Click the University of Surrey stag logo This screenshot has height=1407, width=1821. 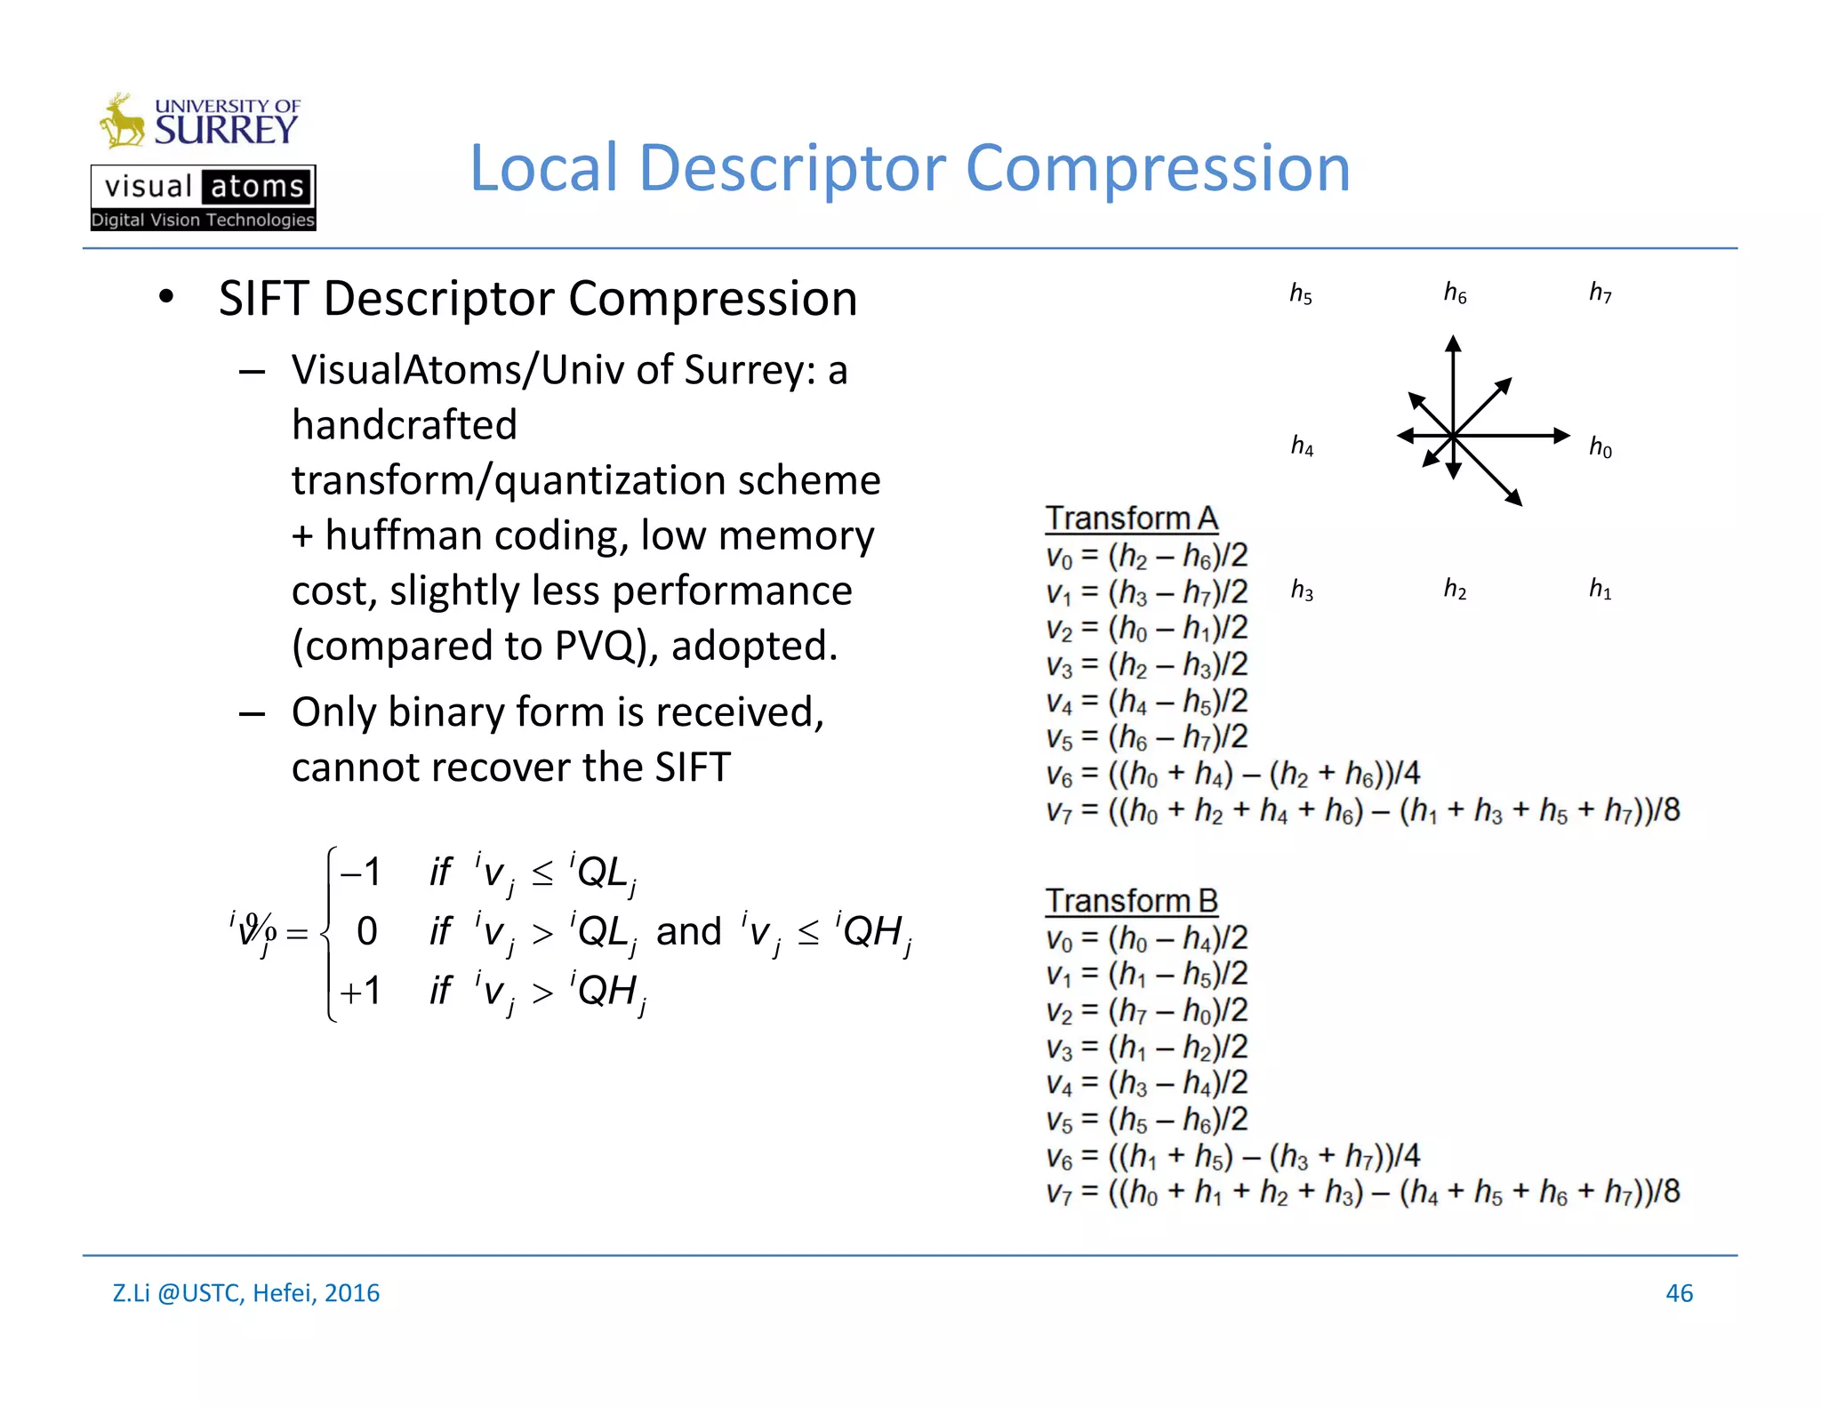point(122,121)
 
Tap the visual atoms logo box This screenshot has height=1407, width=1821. point(203,197)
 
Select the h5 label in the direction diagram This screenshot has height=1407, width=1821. point(1301,293)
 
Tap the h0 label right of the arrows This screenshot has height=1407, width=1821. point(1600,446)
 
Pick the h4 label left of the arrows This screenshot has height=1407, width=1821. point(1302,445)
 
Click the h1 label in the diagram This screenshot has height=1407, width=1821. point(1600,589)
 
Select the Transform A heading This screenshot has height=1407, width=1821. point(1131,518)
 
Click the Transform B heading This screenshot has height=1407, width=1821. point(1131,900)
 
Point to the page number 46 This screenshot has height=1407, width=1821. point(1679,1293)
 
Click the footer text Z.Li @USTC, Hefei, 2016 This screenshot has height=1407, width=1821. point(246,1293)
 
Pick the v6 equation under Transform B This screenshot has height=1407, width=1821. point(1232,1155)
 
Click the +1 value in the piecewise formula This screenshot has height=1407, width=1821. point(360,991)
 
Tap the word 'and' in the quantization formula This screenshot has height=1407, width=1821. point(688,931)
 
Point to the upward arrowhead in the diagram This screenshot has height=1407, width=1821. point(1453,344)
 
